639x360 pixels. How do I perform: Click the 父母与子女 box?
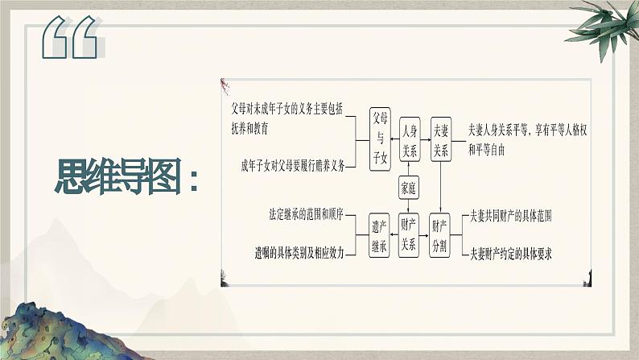tap(379, 139)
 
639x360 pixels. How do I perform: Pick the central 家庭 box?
tap(410, 188)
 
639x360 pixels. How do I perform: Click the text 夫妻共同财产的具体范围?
tap(510, 217)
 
